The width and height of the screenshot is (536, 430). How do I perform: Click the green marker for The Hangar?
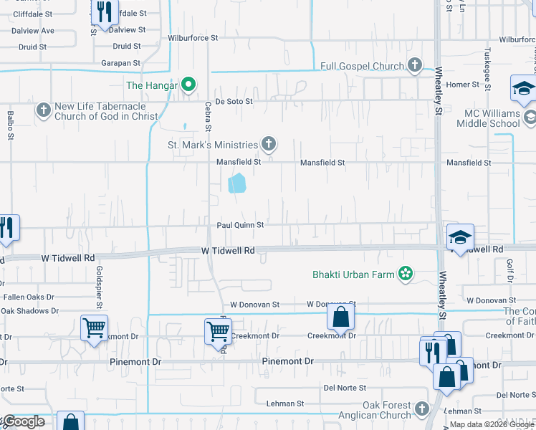(188, 85)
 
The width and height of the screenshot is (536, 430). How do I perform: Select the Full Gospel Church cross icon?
(414, 66)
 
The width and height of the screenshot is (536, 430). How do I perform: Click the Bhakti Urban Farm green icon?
(406, 273)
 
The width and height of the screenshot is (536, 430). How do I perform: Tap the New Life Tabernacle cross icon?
(44, 110)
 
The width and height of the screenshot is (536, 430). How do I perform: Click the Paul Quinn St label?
(241, 225)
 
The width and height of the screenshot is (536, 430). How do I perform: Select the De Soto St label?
(234, 102)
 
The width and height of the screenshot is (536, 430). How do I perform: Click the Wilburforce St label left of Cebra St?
(193, 37)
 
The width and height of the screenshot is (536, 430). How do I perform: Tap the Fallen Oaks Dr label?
(28, 297)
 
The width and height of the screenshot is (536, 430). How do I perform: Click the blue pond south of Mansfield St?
(236, 183)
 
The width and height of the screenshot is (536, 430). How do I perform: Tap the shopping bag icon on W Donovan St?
(341, 317)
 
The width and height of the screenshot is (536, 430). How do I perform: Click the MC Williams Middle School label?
(491, 118)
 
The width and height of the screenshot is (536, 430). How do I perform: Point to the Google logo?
(23, 421)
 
